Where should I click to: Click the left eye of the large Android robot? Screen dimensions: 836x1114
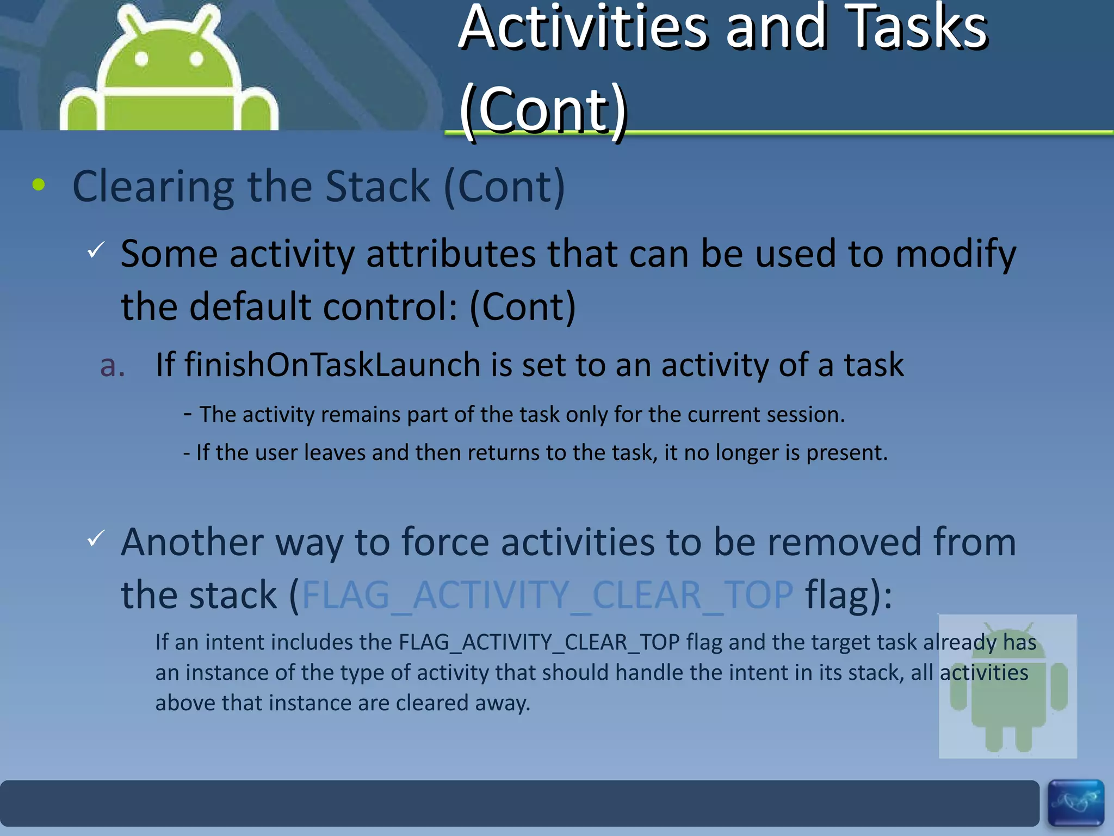[141, 59]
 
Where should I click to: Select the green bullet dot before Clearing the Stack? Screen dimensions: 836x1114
[39, 185]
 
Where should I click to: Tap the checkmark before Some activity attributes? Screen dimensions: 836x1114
[96, 250]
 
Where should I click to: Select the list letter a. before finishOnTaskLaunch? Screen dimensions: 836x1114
[113, 365]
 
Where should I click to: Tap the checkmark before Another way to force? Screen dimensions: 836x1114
[96, 538]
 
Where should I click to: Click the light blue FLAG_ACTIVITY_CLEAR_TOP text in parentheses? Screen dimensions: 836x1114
[547, 595]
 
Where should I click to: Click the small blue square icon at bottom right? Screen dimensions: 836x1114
[1075, 803]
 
